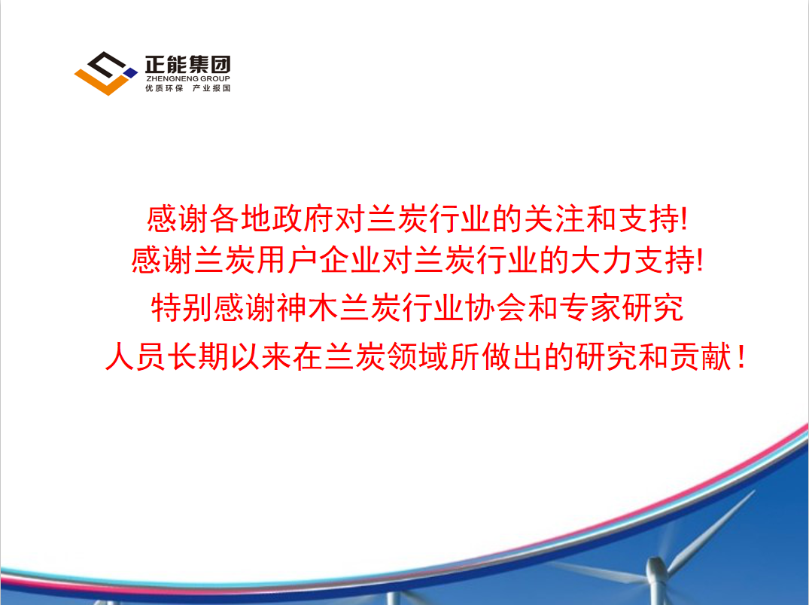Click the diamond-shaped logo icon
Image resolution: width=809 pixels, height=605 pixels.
tap(106, 73)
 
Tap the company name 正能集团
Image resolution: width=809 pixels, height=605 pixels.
tap(188, 65)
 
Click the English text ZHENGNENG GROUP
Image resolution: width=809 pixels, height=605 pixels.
tap(188, 78)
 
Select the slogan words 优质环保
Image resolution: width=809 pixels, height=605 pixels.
tap(164, 88)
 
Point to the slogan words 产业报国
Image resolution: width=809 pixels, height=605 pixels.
tap(211, 88)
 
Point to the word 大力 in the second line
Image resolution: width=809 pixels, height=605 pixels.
tap(601, 259)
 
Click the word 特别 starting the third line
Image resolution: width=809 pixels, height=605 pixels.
tap(182, 308)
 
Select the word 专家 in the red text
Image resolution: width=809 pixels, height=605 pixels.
tap(590, 308)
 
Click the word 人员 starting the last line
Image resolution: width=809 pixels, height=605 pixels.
tap(135, 356)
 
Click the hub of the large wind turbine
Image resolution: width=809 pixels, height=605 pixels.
tap(655, 568)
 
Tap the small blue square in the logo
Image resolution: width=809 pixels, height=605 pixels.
tap(132, 73)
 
